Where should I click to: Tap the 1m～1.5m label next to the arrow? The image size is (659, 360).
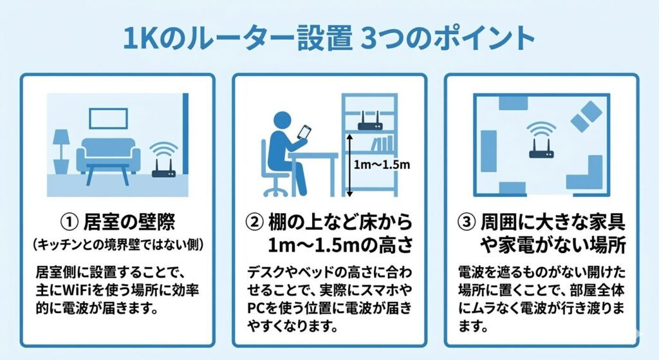[x=382, y=164]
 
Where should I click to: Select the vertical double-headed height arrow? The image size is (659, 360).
[x=348, y=165]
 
